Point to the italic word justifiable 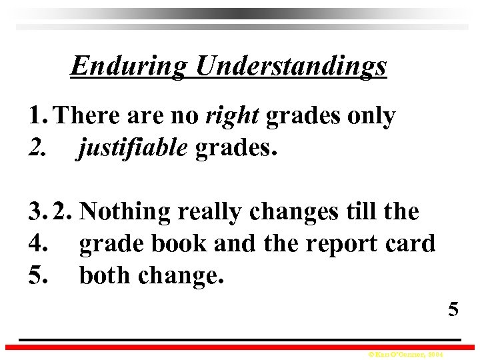coord(133,149)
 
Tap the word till coord(359,211)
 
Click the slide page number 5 coord(453,309)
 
